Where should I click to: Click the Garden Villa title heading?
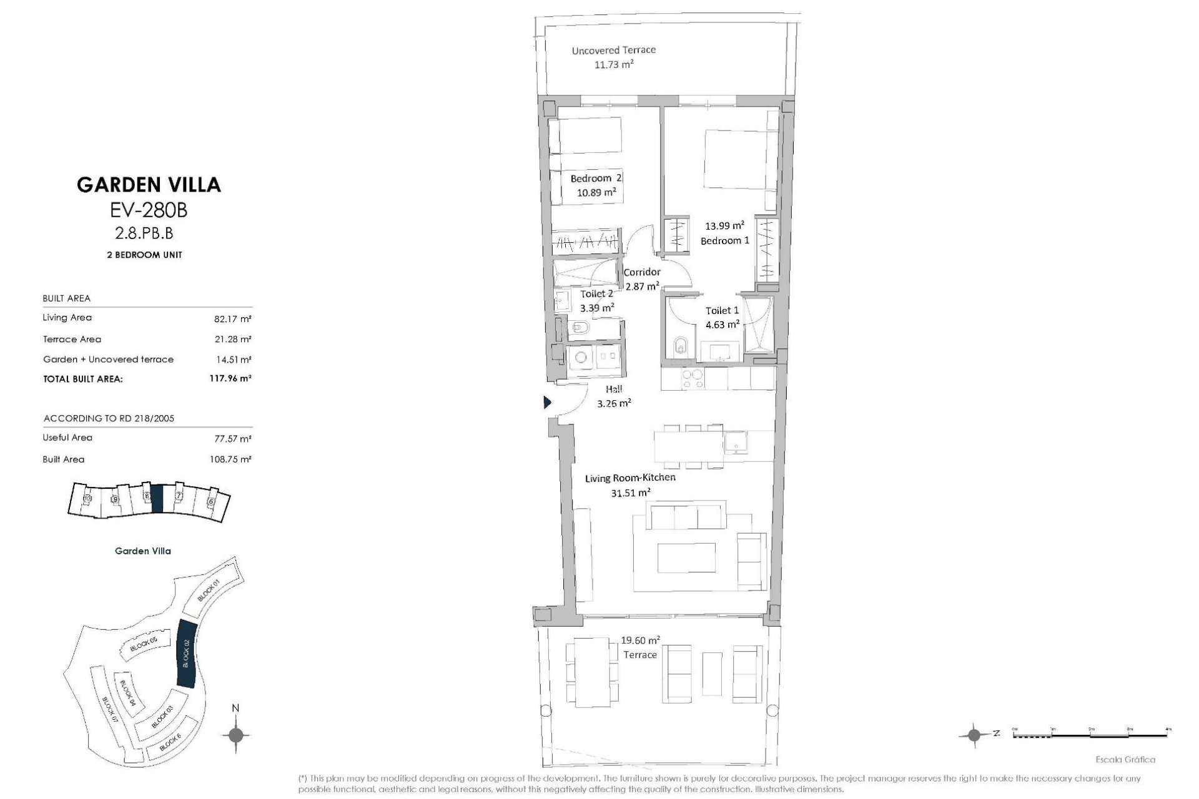coord(149,184)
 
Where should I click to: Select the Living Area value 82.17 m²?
coord(232,319)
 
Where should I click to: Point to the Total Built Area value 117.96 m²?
coord(230,378)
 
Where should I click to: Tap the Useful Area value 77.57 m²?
coord(232,439)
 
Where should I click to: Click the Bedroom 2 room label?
coord(596,179)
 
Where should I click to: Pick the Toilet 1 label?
coord(722,310)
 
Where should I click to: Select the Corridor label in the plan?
coord(642,272)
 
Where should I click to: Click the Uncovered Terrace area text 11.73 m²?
coord(614,64)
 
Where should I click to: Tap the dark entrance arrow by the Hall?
coord(548,403)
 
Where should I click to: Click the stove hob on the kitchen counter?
coord(691,379)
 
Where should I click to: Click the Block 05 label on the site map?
coord(143,645)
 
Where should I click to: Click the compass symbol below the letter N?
coord(235,735)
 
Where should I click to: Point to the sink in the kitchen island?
coord(736,444)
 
